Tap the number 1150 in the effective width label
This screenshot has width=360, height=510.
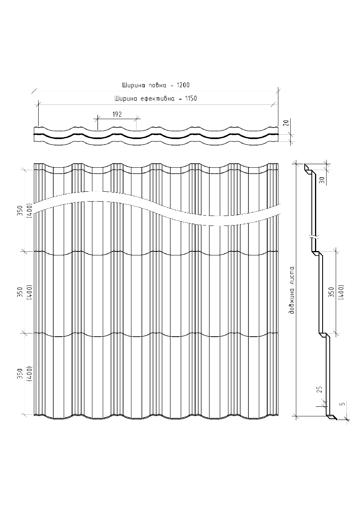click(x=191, y=98)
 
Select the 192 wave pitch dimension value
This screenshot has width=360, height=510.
click(x=117, y=114)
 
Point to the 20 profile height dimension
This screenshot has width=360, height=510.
click(x=285, y=123)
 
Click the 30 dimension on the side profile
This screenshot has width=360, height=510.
click(x=321, y=180)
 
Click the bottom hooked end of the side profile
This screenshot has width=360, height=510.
click(x=332, y=417)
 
